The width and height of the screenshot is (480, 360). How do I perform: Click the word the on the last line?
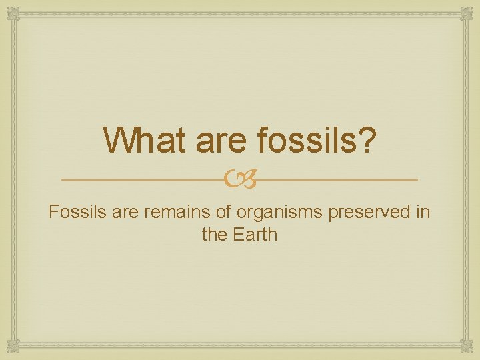[x=214, y=235]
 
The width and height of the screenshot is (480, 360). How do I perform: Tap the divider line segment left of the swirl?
[x=147, y=180]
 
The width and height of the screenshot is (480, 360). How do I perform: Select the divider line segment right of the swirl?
[x=333, y=180]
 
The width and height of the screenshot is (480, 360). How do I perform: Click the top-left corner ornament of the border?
[x=13, y=13]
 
